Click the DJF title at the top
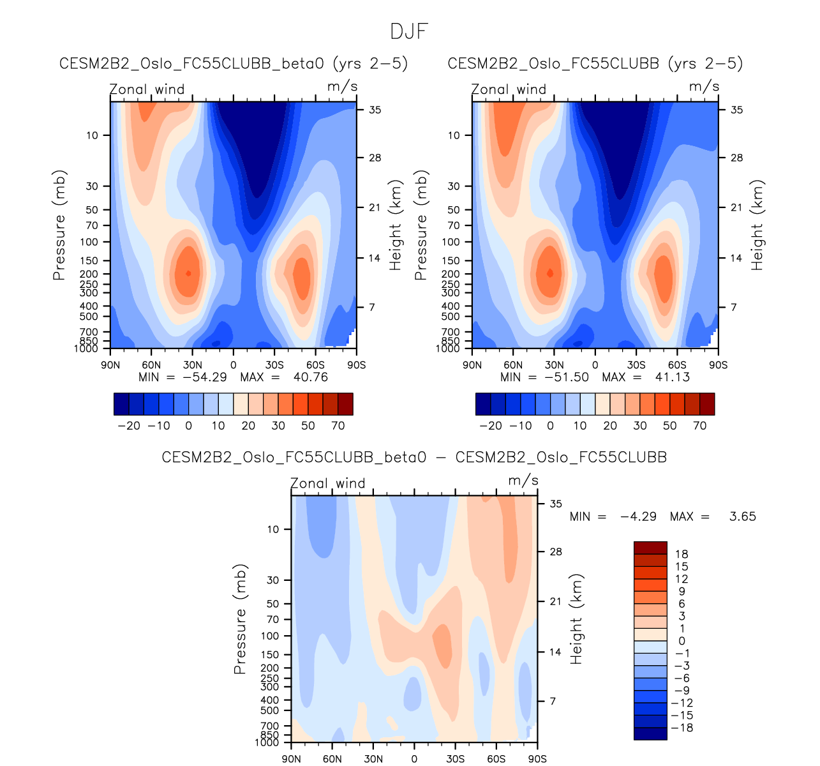coord(409,31)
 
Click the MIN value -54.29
coord(204,377)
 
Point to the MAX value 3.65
coord(742,516)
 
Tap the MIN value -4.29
coord(638,516)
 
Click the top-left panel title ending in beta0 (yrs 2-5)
coord(234,64)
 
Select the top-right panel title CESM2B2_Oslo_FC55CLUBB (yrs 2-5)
coord(595,64)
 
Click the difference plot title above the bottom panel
coord(414,458)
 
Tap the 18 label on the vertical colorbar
coord(682,554)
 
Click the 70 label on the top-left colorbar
coord(338,426)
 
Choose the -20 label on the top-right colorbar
coord(491,426)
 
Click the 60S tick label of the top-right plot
coord(677,365)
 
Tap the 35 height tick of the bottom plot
coord(556,504)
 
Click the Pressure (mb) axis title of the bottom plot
coord(240,619)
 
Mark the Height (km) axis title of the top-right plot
coord(757,225)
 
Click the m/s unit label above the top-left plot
coord(342,86)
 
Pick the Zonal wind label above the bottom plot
coord(328,483)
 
